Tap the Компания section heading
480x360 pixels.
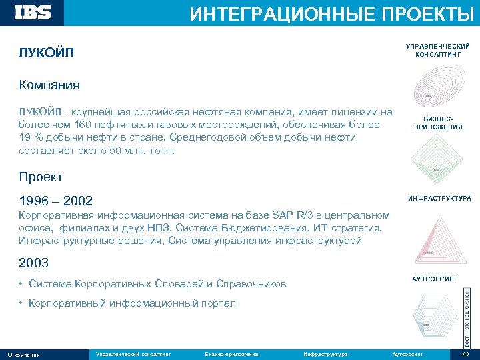click(x=49, y=85)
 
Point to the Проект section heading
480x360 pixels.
click(x=41, y=177)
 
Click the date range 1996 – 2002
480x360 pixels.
click(x=56, y=201)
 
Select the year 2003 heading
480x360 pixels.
click(x=34, y=262)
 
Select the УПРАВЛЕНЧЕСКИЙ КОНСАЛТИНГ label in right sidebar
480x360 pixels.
click(x=438, y=50)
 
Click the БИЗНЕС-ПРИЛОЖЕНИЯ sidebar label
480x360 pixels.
click(x=438, y=123)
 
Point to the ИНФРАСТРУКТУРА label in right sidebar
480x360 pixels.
click(x=439, y=199)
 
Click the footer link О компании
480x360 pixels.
click(x=23, y=354)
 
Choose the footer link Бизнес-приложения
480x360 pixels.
click(x=231, y=353)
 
